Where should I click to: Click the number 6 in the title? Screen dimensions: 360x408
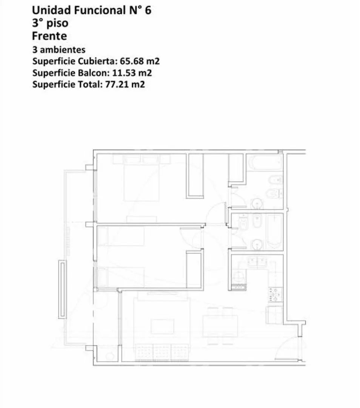[148, 11]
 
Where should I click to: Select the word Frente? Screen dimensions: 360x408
[49, 36]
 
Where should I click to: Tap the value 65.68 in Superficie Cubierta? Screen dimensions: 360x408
[132, 61]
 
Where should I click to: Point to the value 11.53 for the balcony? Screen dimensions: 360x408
[124, 73]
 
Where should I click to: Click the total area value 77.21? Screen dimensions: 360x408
[117, 85]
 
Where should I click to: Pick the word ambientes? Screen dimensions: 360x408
[63, 50]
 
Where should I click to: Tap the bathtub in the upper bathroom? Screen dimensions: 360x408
[265, 162]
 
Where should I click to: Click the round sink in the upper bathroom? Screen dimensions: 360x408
[257, 204]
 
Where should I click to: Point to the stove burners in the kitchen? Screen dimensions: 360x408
[275, 295]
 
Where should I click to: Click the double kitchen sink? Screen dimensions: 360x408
[258, 263]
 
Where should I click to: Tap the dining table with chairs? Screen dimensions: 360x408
[220, 326]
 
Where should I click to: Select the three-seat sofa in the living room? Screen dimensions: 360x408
[162, 352]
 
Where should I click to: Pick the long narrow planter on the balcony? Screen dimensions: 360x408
[62, 289]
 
